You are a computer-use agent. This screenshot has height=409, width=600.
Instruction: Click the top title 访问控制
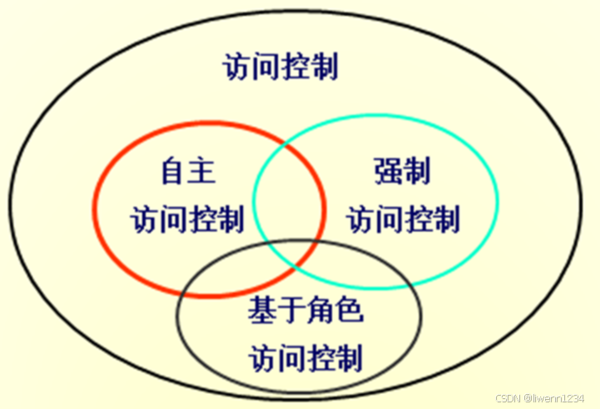(280, 67)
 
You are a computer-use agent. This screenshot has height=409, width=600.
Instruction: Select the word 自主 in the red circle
(187, 172)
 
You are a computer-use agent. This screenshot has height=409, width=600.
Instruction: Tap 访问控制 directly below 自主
(187, 221)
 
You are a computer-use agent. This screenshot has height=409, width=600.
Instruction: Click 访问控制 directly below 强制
(403, 221)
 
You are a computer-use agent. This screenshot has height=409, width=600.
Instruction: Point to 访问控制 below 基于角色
(305, 359)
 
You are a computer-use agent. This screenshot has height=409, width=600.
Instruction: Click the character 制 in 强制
(418, 172)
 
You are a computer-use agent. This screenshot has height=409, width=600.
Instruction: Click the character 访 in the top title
(237, 67)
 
